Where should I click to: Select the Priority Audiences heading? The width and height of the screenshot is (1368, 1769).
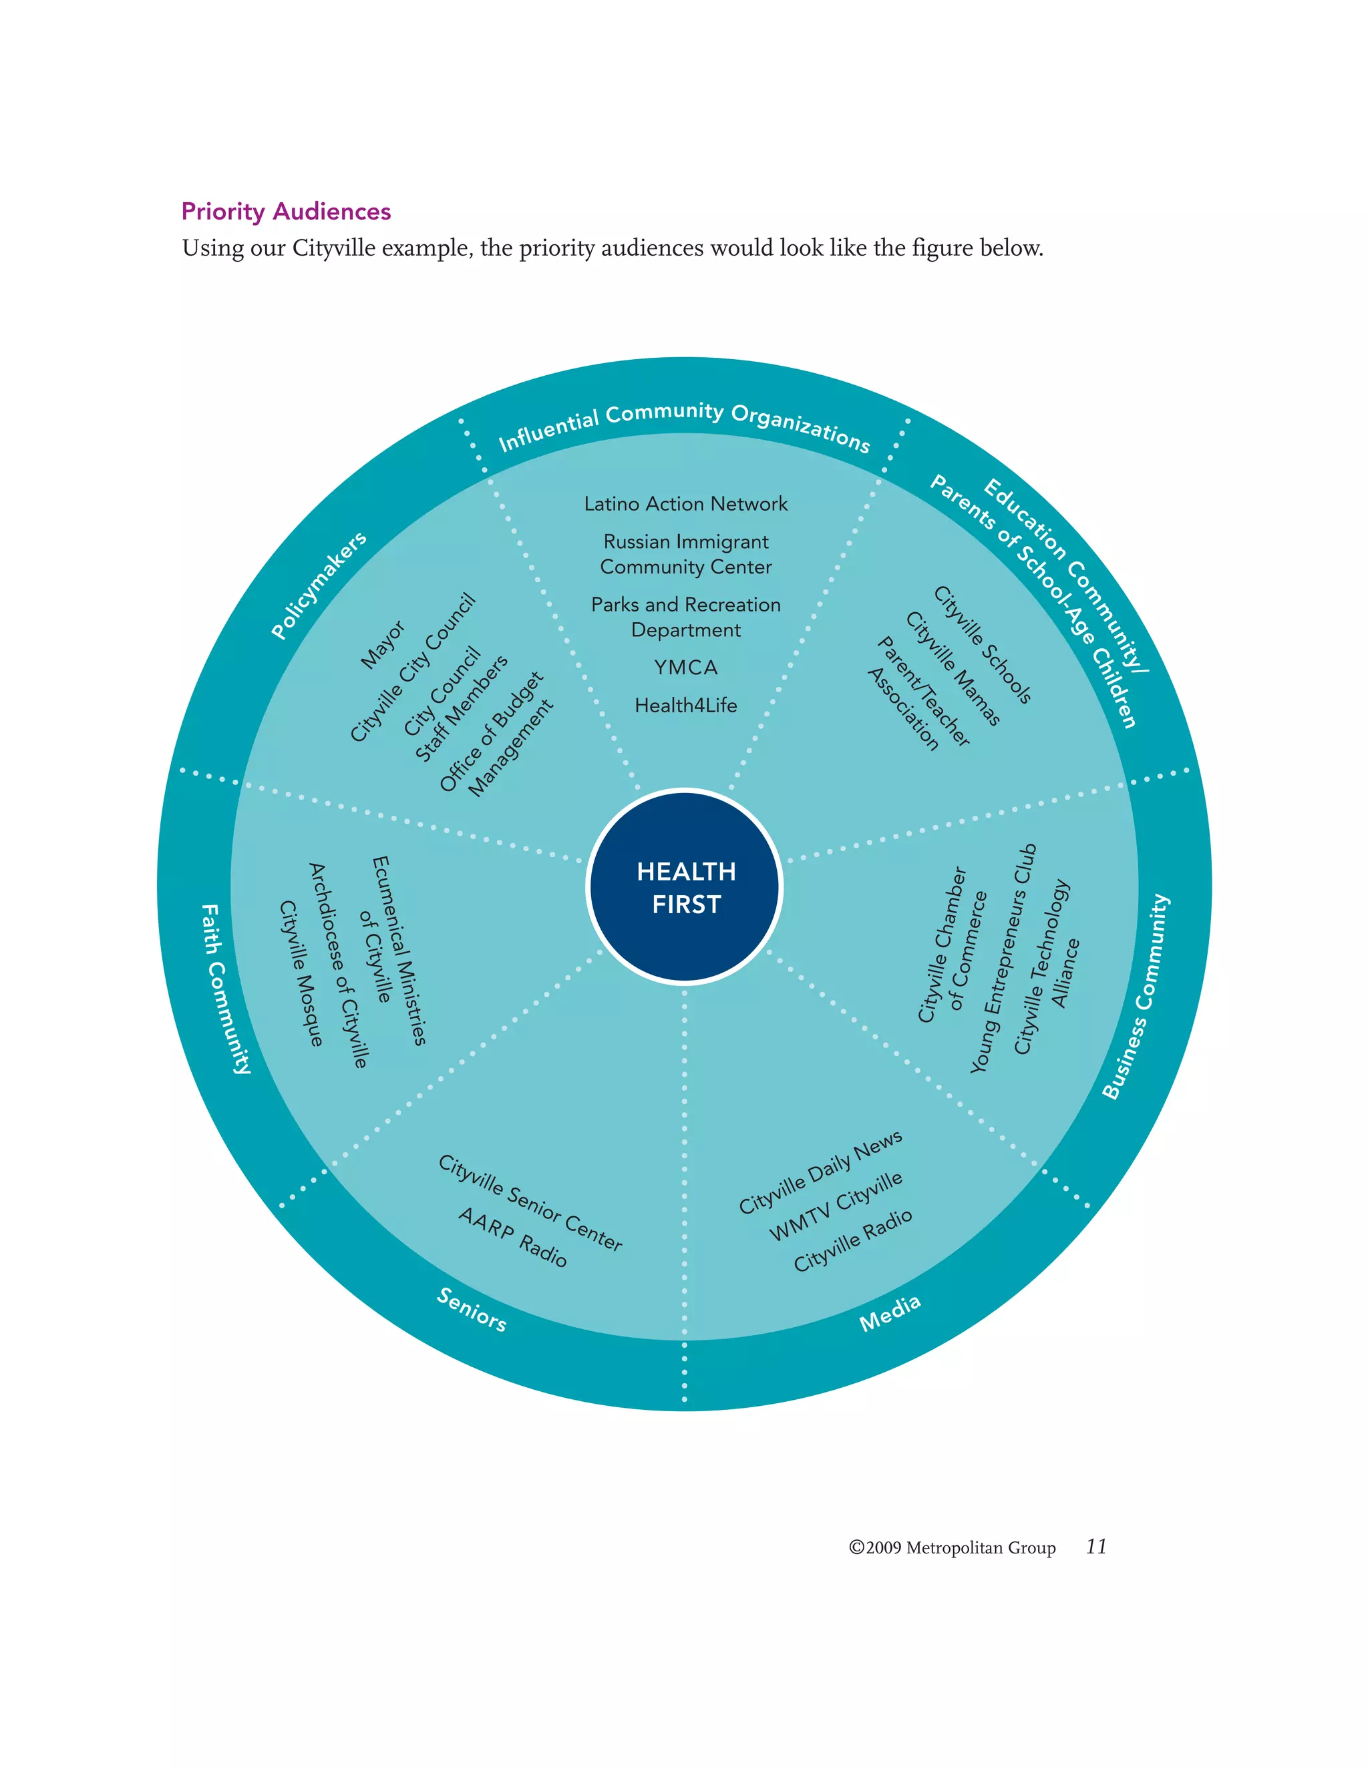286,212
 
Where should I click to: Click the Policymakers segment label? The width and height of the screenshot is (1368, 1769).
319,585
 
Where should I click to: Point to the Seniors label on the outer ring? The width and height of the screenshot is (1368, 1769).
472,1309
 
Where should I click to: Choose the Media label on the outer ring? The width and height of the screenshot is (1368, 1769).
890,1313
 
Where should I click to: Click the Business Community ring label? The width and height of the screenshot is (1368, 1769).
1136,996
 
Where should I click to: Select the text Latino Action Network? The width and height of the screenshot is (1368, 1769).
685,504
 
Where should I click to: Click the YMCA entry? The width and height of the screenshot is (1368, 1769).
685,668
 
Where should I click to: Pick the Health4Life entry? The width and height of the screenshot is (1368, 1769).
685,706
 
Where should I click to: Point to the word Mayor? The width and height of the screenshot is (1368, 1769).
383,645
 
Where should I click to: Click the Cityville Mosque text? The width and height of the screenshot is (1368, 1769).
301,973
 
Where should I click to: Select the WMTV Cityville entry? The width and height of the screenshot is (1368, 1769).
836,1206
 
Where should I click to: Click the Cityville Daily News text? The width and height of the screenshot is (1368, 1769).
820,1172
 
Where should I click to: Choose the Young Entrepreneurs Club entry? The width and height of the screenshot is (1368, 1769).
1003,959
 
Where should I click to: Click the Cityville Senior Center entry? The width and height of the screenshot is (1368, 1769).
530,1203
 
